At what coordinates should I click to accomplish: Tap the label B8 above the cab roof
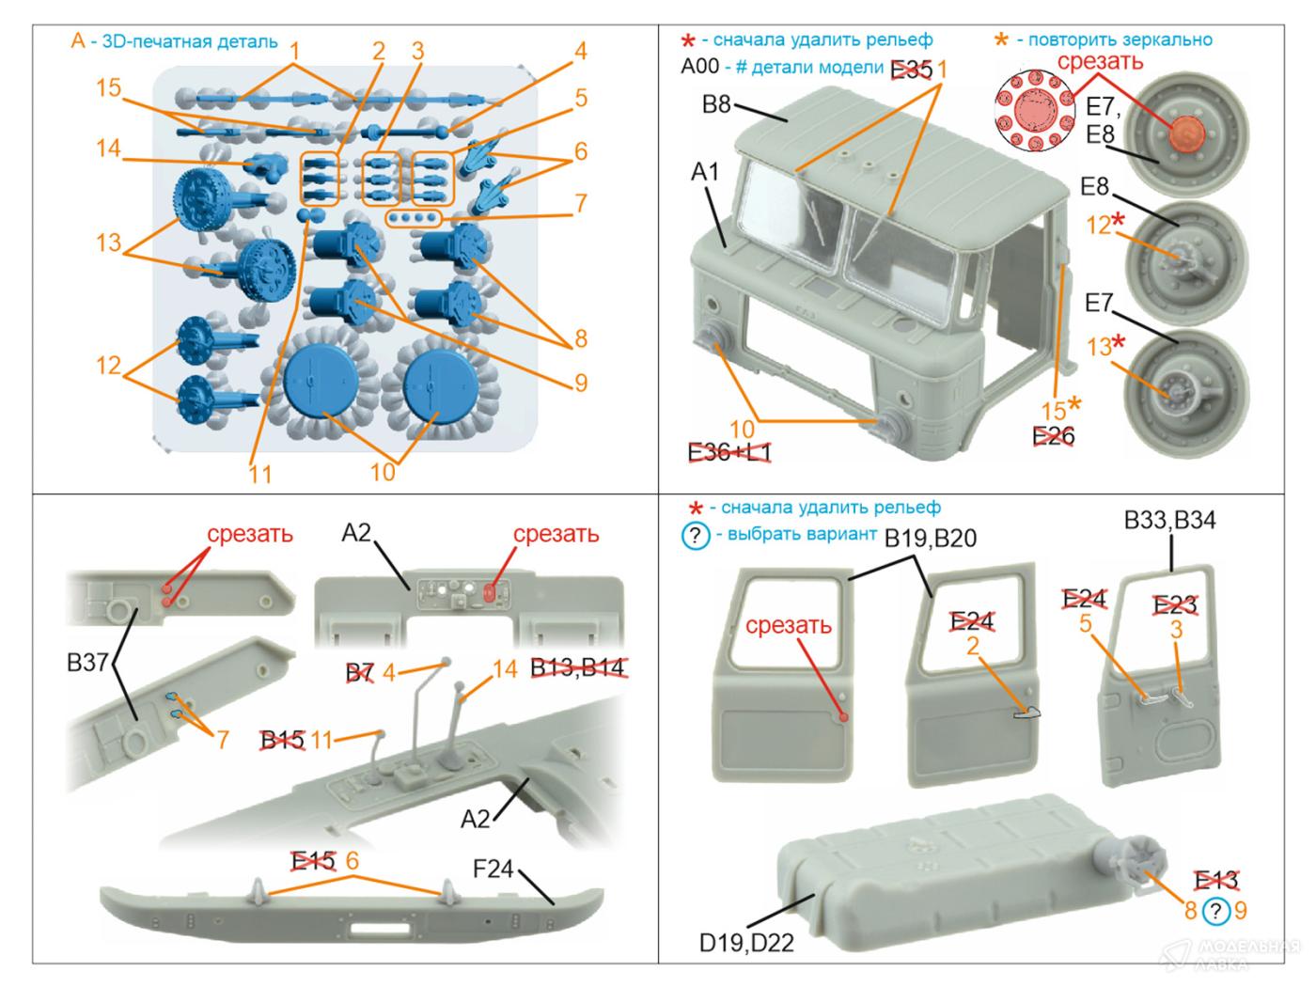(x=716, y=104)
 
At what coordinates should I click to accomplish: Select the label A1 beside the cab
(x=705, y=172)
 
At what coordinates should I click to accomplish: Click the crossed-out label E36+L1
(x=729, y=453)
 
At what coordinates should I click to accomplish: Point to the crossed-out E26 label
(x=1053, y=436)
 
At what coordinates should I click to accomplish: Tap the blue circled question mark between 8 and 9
(x=1216, y=910)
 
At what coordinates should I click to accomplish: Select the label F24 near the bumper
(x=493, y=869)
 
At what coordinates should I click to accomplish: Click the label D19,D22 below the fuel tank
(x=746, y=942)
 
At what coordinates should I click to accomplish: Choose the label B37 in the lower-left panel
(x=87, y=663)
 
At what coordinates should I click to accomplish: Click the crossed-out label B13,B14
(x=578, y=668)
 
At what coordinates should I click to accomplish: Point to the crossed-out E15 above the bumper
(x=313, y=860)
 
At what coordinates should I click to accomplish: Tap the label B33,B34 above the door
(x=1170, y=520)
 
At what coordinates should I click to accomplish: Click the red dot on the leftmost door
(x=844, y=717)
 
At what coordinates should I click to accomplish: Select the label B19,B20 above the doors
(x=931, y=538)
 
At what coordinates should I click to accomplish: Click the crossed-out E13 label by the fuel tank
(x=1215, y=880)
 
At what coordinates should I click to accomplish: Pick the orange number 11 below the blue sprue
(x=260, y=472)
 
